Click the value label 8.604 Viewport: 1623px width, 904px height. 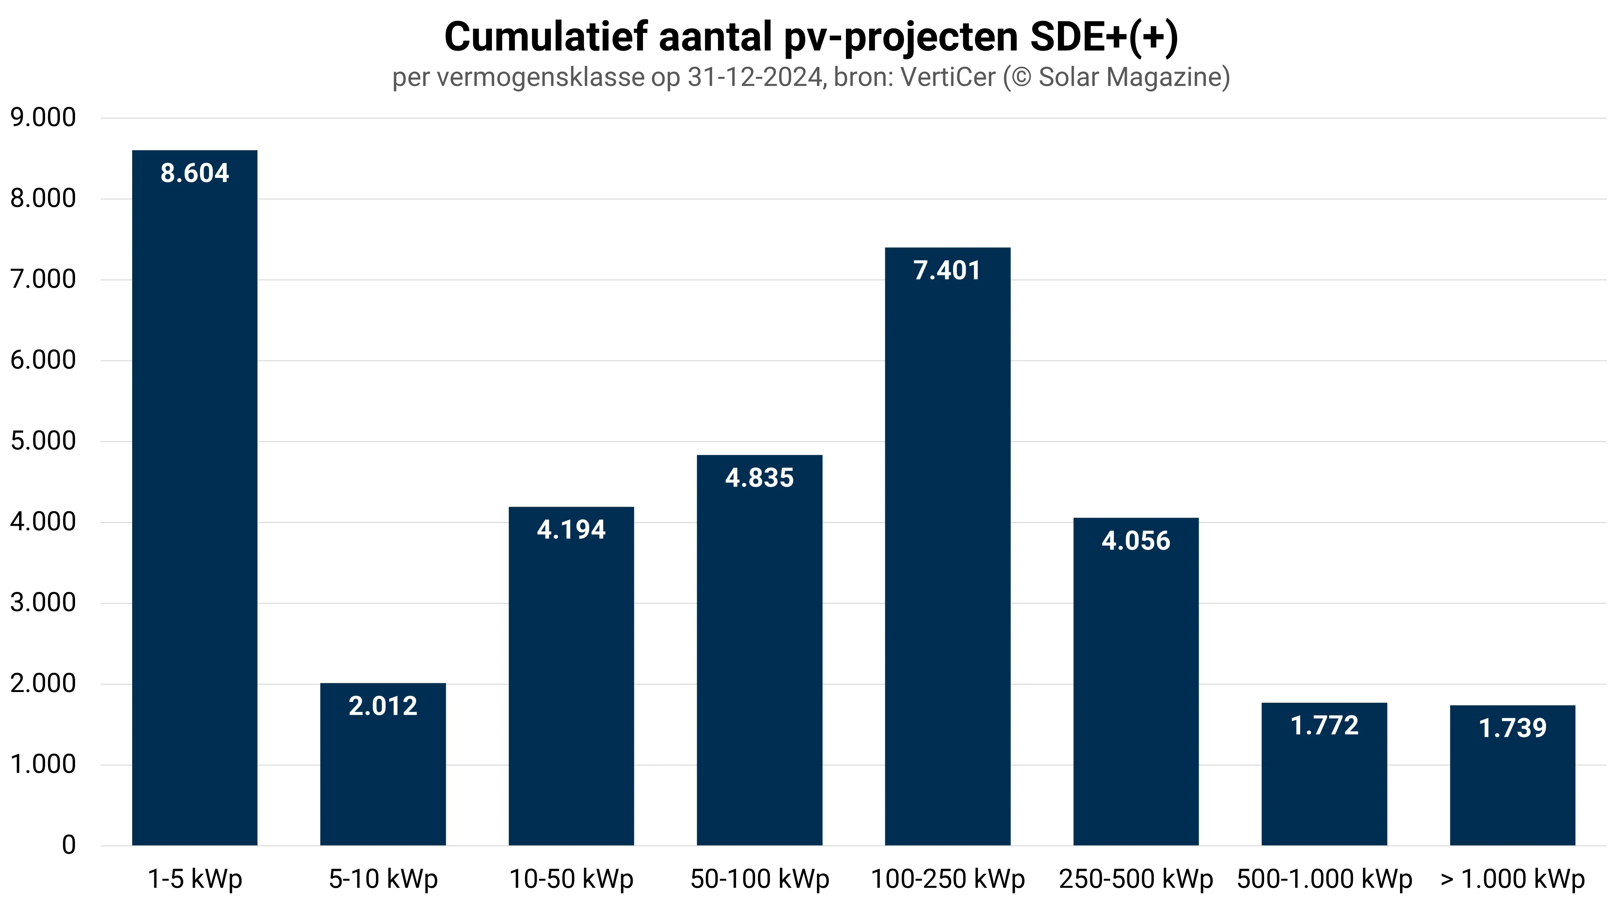[x=195, y=173]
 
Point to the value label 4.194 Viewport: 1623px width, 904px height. [x=571, y=530]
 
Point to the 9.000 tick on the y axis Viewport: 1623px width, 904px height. [x=43, y=118]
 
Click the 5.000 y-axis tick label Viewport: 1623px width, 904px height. [x=43, y=441]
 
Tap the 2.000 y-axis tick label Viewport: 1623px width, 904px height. [x=43, y=684]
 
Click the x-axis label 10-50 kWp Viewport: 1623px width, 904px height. [x=571, y=879]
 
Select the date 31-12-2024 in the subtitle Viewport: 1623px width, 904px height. [x=755, y=78]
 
